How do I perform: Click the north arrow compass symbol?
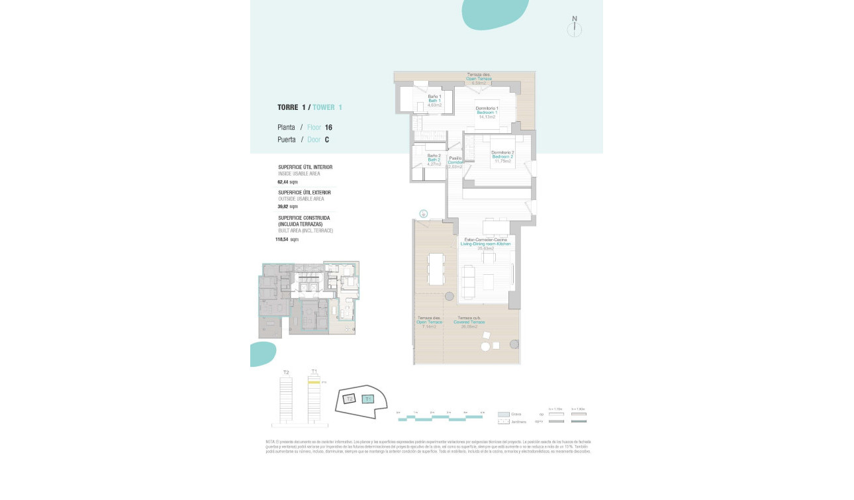(575, 29)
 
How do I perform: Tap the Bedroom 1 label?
(487, 113)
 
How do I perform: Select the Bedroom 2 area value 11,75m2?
(502, 161)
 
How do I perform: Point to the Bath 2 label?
(434, 160)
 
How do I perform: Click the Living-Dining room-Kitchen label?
(487, 244)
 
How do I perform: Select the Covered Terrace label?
(469, 322)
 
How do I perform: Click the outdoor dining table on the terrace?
(436, 268)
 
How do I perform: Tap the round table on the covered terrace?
(486, 346)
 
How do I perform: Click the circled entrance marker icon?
(423, 213)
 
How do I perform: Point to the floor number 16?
(328, 127)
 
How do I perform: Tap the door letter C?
(326, 140)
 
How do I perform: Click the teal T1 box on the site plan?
(369, 399)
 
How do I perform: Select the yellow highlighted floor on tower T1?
(314, 382)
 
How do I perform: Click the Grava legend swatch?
(503, 414)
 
